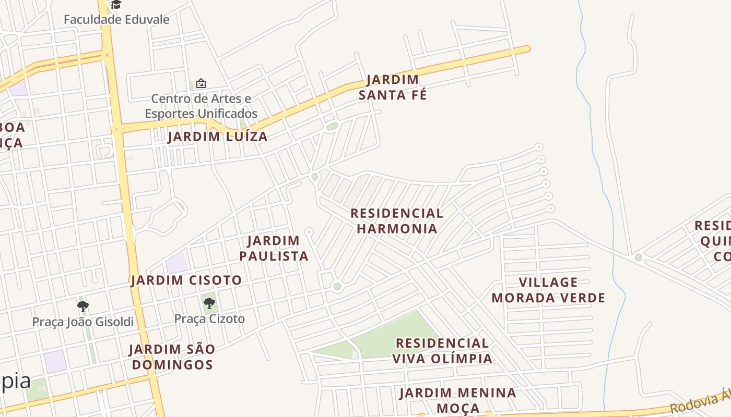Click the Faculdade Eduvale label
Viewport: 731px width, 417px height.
click(116, 20)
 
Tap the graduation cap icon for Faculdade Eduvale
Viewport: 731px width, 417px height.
click(116, 5)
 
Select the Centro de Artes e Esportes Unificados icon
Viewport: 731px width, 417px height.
click(201, 83)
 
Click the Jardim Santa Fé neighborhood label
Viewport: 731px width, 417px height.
click(392, 87)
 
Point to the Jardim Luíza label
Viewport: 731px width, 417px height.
click(217, 137)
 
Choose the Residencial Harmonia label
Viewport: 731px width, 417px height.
click(397, 221)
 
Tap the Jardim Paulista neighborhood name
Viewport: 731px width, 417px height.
click(274, 248)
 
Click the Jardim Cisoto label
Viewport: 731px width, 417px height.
click(186, 280)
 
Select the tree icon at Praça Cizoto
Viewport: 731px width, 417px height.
click(209, 303)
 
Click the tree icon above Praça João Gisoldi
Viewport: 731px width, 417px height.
click(82, 306)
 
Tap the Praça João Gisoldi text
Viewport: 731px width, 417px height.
click(83, 322)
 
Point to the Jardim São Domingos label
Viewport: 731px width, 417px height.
click(172, 357)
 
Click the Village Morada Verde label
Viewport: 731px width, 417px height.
click(548, 290)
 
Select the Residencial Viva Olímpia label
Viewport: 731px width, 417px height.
click(442, 351)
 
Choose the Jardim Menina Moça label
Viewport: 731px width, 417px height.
click(458, 400)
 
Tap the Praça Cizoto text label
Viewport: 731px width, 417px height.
click(209, 319)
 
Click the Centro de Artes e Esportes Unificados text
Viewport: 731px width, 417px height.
click(201, 106)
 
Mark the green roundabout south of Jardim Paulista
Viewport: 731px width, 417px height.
click(337, 286)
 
